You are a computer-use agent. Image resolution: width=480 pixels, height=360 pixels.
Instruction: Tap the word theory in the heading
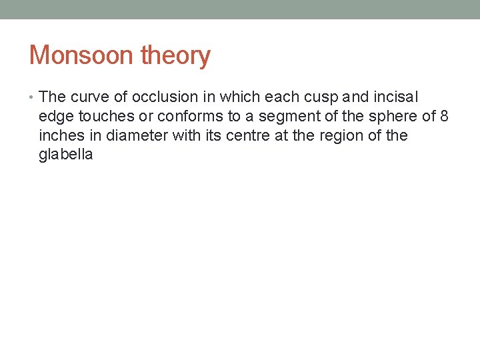[175, 55]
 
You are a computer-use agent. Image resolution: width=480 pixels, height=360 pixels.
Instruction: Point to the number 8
[444, 117]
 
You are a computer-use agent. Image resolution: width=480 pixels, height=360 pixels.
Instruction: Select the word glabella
[65, 155]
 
